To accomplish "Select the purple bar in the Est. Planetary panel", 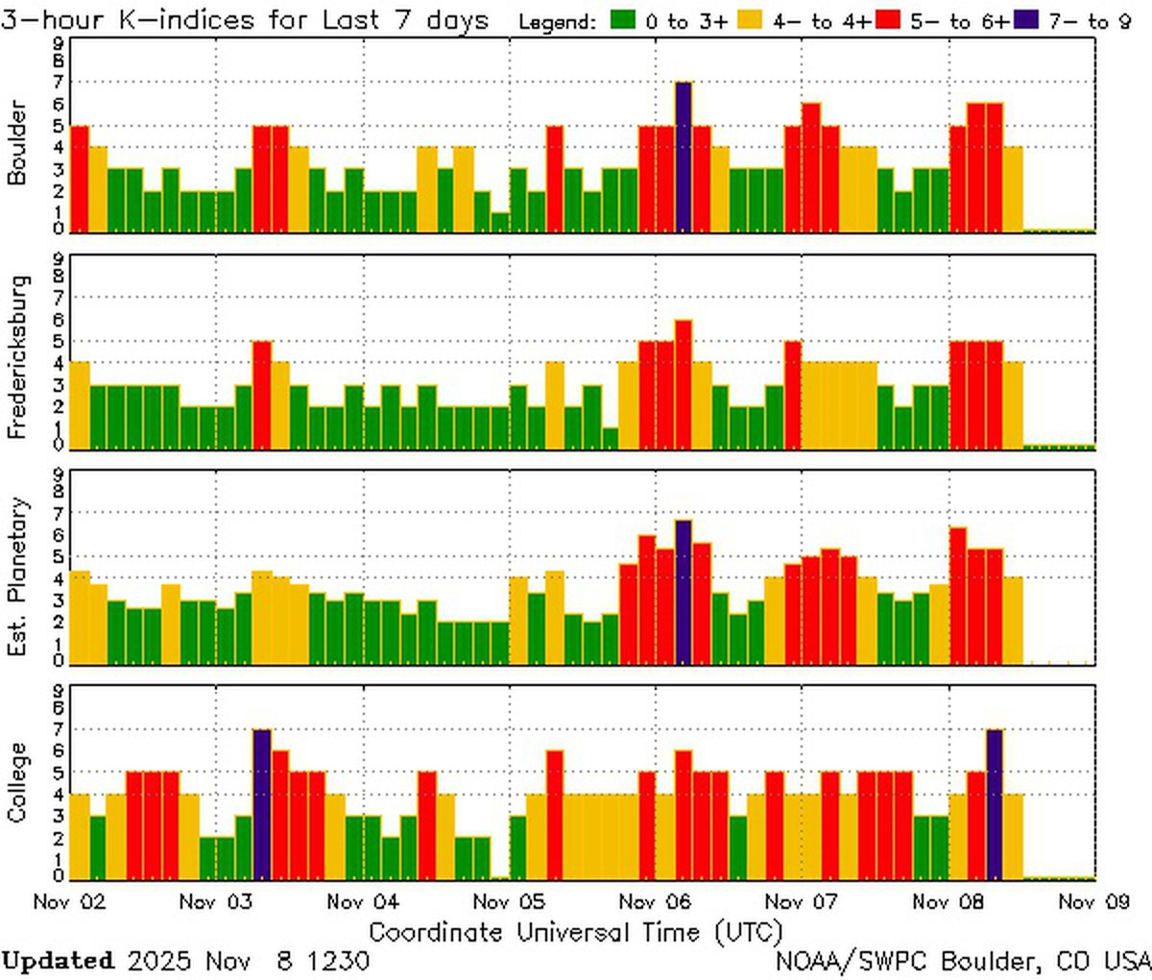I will pos(684,591).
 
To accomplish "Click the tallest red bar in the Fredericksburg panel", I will pos(684,384).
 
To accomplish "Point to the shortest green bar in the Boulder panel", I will pos(500,222).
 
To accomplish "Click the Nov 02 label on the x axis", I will pos(69,901).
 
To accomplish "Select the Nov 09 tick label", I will pos(1093,901).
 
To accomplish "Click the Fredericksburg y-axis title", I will pos(17,357).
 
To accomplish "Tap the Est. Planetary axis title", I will pos(17,576).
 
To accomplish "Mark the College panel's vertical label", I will pos(17,782).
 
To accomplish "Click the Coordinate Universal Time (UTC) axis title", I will pos(576,932).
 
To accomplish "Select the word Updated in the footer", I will pos(58,961).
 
